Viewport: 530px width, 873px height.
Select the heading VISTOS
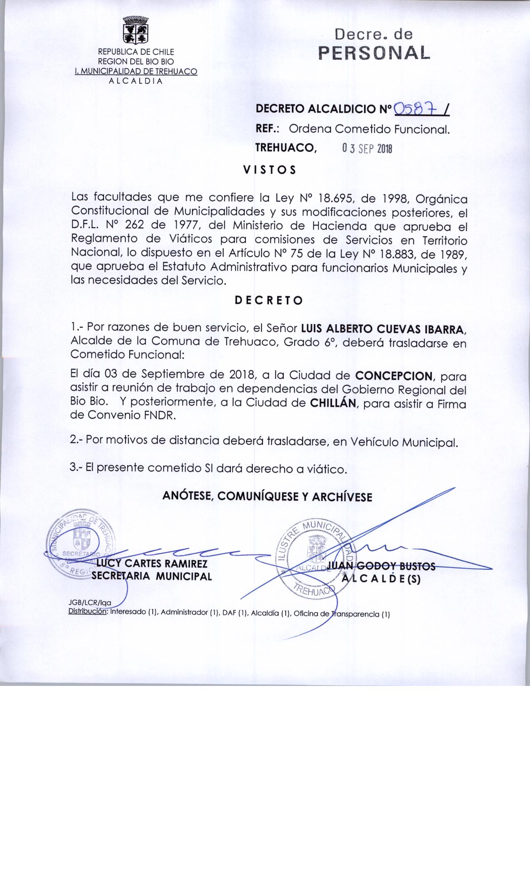pyautogui.click(x=269, y=170)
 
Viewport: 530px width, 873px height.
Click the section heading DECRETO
pyautogui.click(x=269, y=300)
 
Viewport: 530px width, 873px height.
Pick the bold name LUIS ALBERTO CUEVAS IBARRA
pyautogui.click(x=382, y=329)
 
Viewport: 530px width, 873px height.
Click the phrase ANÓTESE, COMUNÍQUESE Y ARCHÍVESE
pyautogui.click(x=267, y=496)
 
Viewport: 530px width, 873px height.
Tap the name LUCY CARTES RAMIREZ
pyautogui.click(x=152, y=564)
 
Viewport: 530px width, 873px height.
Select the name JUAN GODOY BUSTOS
pyautogui.click(x=381, y=566)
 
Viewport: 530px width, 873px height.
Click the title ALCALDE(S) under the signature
pyautogui.click(x=381, y=579)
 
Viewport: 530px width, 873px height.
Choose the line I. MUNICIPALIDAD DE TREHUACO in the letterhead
pyautogui.click(x=136, y=72)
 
